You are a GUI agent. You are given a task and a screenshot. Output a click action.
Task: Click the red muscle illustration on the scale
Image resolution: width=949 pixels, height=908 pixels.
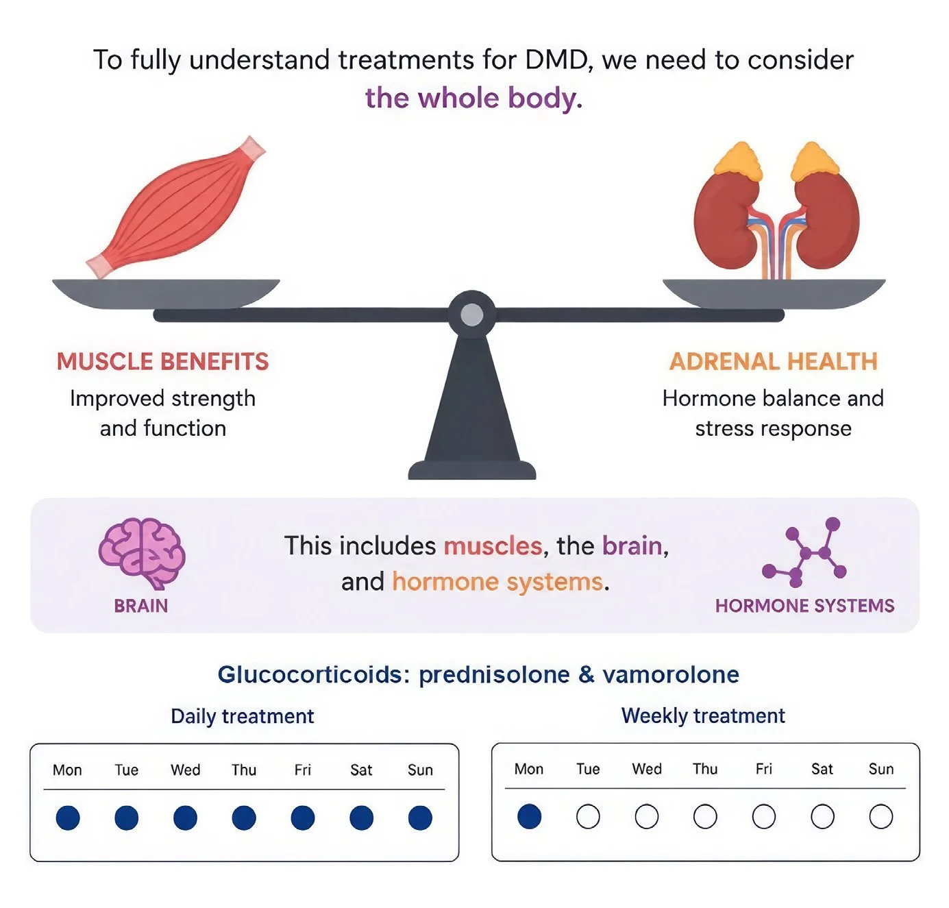point(175,207)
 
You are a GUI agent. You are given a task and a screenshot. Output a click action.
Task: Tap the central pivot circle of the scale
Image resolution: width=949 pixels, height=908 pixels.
point(471,315)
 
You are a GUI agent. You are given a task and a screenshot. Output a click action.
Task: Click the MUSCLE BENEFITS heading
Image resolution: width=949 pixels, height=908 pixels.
point(162,361)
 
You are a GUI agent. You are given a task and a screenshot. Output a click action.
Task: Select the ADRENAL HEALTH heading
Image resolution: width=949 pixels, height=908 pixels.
point(773,361)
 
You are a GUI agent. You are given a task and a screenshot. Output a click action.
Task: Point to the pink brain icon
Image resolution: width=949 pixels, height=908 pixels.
point(141,552)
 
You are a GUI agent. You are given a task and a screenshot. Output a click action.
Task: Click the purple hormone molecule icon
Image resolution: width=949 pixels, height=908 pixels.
point(804,552)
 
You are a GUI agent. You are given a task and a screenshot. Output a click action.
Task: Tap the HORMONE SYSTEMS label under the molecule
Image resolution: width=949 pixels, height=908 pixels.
point(804,606)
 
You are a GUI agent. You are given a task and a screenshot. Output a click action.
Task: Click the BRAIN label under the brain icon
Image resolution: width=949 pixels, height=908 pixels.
point(141,606)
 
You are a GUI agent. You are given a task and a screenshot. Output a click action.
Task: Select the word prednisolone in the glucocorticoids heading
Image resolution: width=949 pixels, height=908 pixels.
point(494,676)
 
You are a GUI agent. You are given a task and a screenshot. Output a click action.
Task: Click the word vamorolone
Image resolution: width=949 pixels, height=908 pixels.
point(671,675)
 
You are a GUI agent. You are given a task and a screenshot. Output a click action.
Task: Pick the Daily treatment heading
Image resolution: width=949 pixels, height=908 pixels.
point(243,716)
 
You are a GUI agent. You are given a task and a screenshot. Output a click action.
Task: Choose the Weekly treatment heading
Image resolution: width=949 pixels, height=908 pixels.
point(703,716)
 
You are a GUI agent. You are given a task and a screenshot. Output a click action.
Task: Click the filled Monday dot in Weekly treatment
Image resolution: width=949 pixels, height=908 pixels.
point(529,817)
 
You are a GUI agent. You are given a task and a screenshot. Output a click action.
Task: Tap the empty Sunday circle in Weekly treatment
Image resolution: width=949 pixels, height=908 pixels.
point(880,817)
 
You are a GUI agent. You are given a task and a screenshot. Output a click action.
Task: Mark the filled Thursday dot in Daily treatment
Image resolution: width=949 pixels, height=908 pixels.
point(244,818)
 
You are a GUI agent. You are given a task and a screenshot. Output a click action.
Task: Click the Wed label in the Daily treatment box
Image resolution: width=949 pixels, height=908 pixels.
point(185,770)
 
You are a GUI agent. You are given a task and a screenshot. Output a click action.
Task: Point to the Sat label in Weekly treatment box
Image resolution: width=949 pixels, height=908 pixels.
point(822,769)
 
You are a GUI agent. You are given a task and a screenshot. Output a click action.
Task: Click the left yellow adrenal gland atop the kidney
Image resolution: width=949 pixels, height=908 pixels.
point(737,160)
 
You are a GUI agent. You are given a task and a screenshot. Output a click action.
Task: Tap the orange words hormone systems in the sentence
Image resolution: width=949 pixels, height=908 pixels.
point(497,582)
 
